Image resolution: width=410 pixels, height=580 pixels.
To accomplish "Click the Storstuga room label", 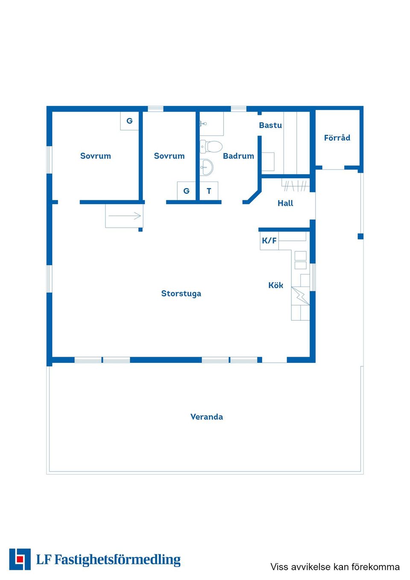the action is [x=181, y=293].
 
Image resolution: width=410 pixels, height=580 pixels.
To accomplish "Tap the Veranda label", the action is [x=207, y=417].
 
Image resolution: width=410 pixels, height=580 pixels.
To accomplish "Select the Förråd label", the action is [x=337, y=138].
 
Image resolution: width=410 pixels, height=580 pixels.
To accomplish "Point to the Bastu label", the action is [x=270, y=125].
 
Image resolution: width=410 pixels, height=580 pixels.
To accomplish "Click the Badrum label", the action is [x=238, y=156].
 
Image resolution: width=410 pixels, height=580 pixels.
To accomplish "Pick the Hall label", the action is [x=285, y=203].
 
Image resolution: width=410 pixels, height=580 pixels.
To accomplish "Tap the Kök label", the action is [x=275, y=285].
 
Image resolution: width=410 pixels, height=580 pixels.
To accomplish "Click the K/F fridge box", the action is [x=269, y=241].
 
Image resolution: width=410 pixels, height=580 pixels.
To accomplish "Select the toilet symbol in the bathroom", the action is [x=211, y=146].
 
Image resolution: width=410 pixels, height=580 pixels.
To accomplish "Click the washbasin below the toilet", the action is [x=206, y=167].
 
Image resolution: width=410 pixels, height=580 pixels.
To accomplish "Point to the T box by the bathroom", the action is [x=209, y=191].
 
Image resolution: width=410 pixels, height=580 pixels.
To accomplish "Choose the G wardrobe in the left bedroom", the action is [x=129, y=121].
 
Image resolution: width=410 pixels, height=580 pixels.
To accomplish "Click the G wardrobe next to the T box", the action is [x=186, y=191].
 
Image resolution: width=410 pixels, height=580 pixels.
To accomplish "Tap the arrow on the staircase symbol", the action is [x=125, y=216].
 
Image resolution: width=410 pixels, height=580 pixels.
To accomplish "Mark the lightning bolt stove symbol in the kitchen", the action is [x=301, y=296].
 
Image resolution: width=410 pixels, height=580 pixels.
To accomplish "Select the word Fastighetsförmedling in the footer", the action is [x=117, y=559].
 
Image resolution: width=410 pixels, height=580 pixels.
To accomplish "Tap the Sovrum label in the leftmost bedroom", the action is [x=96, y=156].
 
